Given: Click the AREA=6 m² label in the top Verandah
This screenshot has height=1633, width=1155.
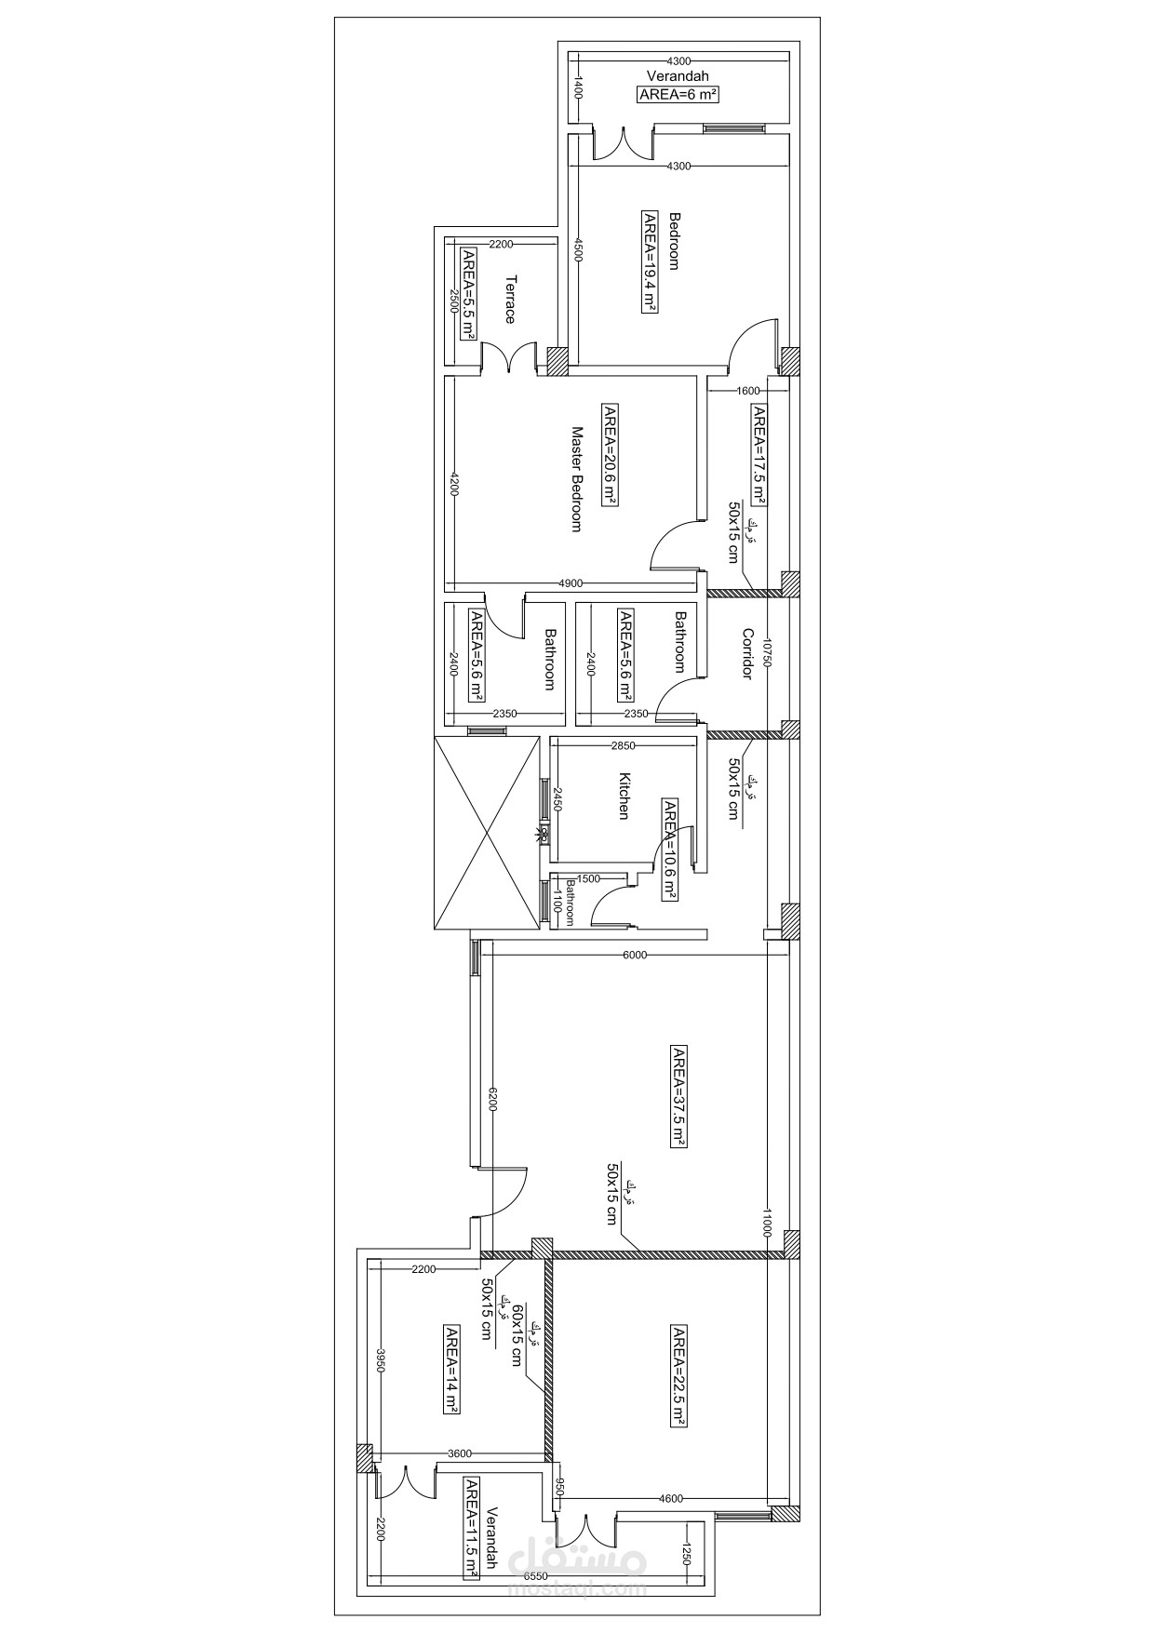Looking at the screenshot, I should click(678, 94).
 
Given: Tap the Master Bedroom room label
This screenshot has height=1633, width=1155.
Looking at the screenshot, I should click(576, 479).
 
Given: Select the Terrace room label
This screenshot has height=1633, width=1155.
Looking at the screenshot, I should click(510, 299).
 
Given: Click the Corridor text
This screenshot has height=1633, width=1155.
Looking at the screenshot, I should click(746, 654).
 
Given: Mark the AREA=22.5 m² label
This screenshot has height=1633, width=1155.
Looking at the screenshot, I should click(678, 1377).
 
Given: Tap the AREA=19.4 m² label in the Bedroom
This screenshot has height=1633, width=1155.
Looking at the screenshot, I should click(650, 263).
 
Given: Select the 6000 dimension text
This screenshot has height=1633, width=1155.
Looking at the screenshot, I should click(635, 955).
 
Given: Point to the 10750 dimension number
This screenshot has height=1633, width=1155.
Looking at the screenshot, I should click(767, 654).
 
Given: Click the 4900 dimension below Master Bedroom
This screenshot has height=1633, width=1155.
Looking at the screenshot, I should click(571, 583).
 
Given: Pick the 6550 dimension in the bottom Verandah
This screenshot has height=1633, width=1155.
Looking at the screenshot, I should click(535, 1577).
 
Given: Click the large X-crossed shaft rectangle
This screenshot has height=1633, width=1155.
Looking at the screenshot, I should click(487, 832).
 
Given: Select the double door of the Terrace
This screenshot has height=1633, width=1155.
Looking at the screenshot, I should click(508, 358).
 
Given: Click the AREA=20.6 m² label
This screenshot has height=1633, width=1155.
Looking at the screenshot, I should click(610, 455).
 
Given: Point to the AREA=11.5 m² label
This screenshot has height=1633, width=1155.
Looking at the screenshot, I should click(472, 1529).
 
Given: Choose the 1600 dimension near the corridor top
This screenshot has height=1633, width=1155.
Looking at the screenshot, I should click(747, 391).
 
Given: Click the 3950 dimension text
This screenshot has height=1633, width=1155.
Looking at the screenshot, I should click(380, 1366).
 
